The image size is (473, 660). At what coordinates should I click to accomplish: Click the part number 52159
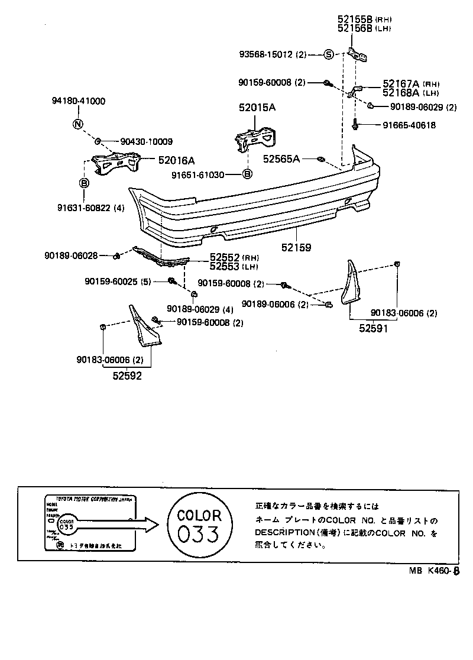point(296,248)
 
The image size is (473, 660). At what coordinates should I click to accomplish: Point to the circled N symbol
point(78,124)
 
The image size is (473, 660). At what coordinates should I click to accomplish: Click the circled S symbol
point(329,55)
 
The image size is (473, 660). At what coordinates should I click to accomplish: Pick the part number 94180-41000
point(77,101)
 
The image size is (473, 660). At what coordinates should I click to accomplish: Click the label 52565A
point(281,158)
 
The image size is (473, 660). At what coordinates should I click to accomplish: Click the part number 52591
point(374,329)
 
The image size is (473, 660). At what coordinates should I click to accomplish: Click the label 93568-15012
point(273,55)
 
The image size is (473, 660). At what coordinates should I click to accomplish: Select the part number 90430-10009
point(146,141)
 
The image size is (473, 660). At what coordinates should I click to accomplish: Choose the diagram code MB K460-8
point(434,571)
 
